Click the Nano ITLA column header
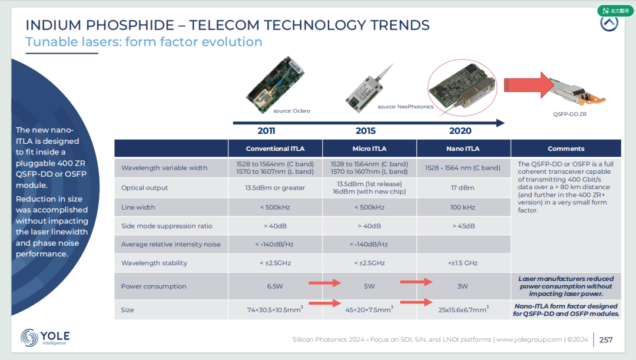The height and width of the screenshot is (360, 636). click(x=463, y=148)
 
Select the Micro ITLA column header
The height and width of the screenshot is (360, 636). click(x=369, y=148)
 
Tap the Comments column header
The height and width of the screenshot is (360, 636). click(x=566, y=148)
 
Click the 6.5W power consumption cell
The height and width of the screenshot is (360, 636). click(x=275, y=286)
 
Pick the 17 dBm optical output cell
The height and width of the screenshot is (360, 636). click(x=462, y=187)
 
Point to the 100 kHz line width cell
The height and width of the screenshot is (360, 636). click(x=462, y=207)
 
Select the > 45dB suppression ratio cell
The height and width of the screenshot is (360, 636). click(x=463, y=226)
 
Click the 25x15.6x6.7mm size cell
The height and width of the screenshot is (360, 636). click(x=463, y=309)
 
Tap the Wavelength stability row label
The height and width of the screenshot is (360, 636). click(x=154, y=263)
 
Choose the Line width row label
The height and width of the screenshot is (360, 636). click(x=138, y=207)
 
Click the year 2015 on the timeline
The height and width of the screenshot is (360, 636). click(x=366, y=131)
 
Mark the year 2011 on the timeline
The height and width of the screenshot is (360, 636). click(x=266, y=131)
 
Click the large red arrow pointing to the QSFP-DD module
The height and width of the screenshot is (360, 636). click(x=529, y=85)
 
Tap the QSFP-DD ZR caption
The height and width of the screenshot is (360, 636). click(x=569, y=114)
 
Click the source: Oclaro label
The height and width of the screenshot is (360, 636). click(x=291, y=111)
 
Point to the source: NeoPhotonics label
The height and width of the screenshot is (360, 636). click(x=405, y=107)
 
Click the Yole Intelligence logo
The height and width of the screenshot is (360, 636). click(x=45, y=337)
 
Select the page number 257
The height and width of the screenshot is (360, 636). click(x=606, y=340)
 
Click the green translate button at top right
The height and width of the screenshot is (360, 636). click(x=615, y=11)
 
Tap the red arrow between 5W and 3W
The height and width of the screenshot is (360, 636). click(x=416, y=282)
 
